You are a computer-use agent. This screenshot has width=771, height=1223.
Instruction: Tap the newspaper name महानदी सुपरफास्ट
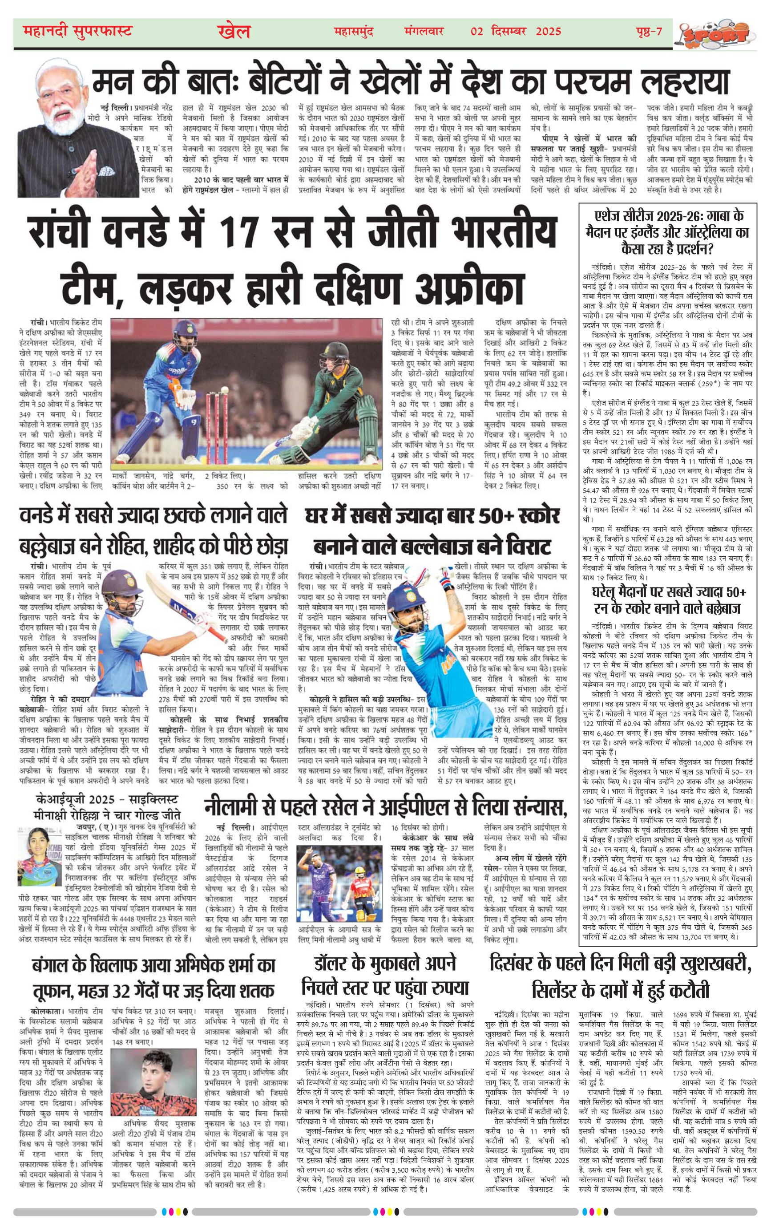[78, 32]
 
